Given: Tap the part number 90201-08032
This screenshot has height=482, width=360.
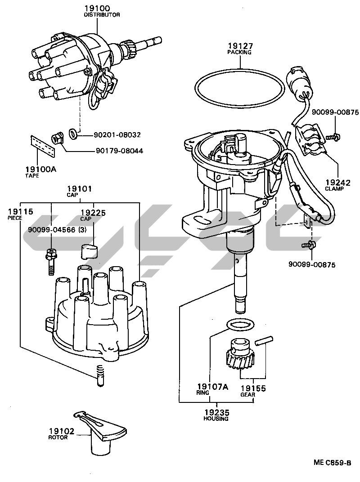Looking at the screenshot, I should pyautogui.click(x=117, y=134).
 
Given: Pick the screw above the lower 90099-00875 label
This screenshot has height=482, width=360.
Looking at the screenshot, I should pyautogui.click(x=309, y=245).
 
